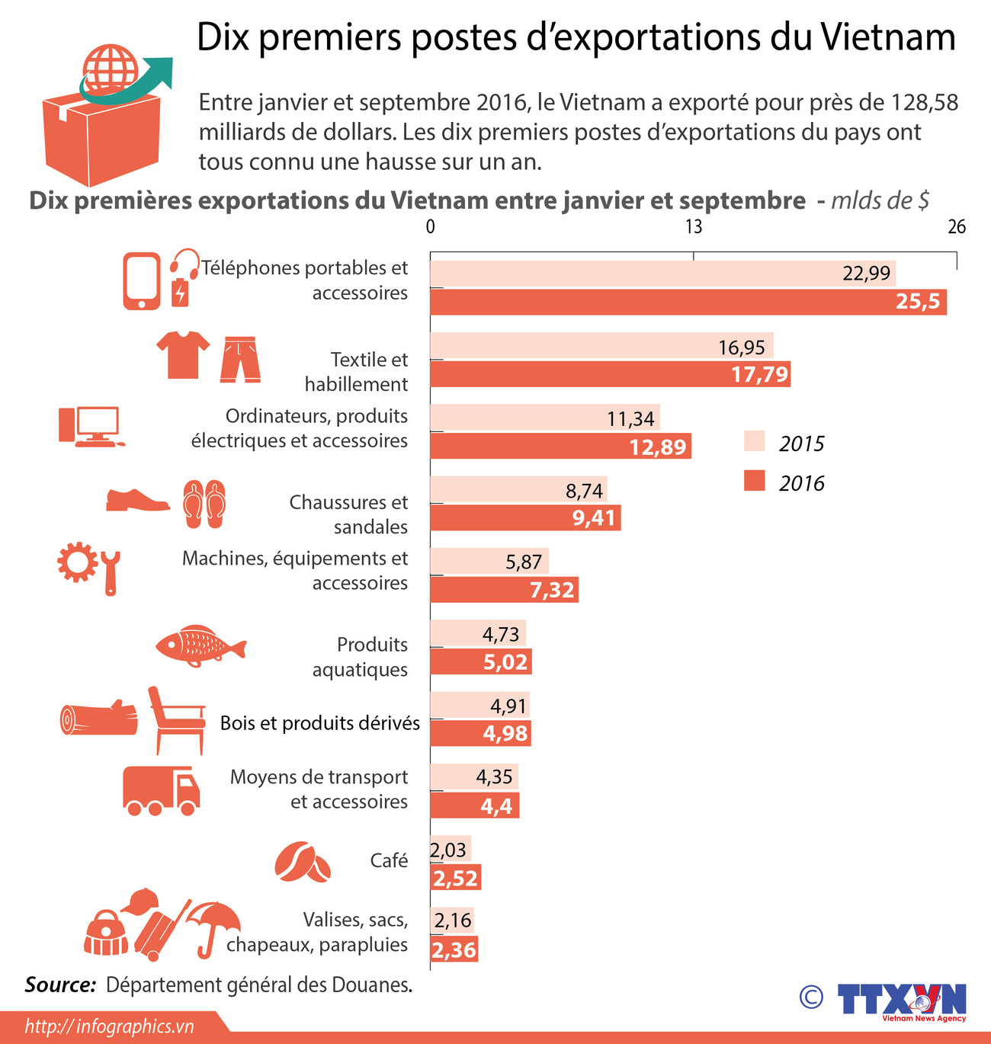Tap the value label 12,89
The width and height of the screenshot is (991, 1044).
point(658,447)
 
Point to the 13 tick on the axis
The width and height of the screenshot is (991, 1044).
point(693,226)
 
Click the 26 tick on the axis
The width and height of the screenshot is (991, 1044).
point(956,226)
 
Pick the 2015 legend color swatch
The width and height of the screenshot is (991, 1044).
point(754,441)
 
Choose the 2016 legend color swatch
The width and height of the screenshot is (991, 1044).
point(754,481)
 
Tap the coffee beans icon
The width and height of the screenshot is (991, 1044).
point(303,863)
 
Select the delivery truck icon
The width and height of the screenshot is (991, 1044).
point(161,790)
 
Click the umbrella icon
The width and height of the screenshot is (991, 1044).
point(214,924)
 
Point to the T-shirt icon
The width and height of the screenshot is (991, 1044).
point(183,354)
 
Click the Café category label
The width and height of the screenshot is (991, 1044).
point(389,860)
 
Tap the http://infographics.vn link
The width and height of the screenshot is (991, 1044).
point(110,1026)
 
